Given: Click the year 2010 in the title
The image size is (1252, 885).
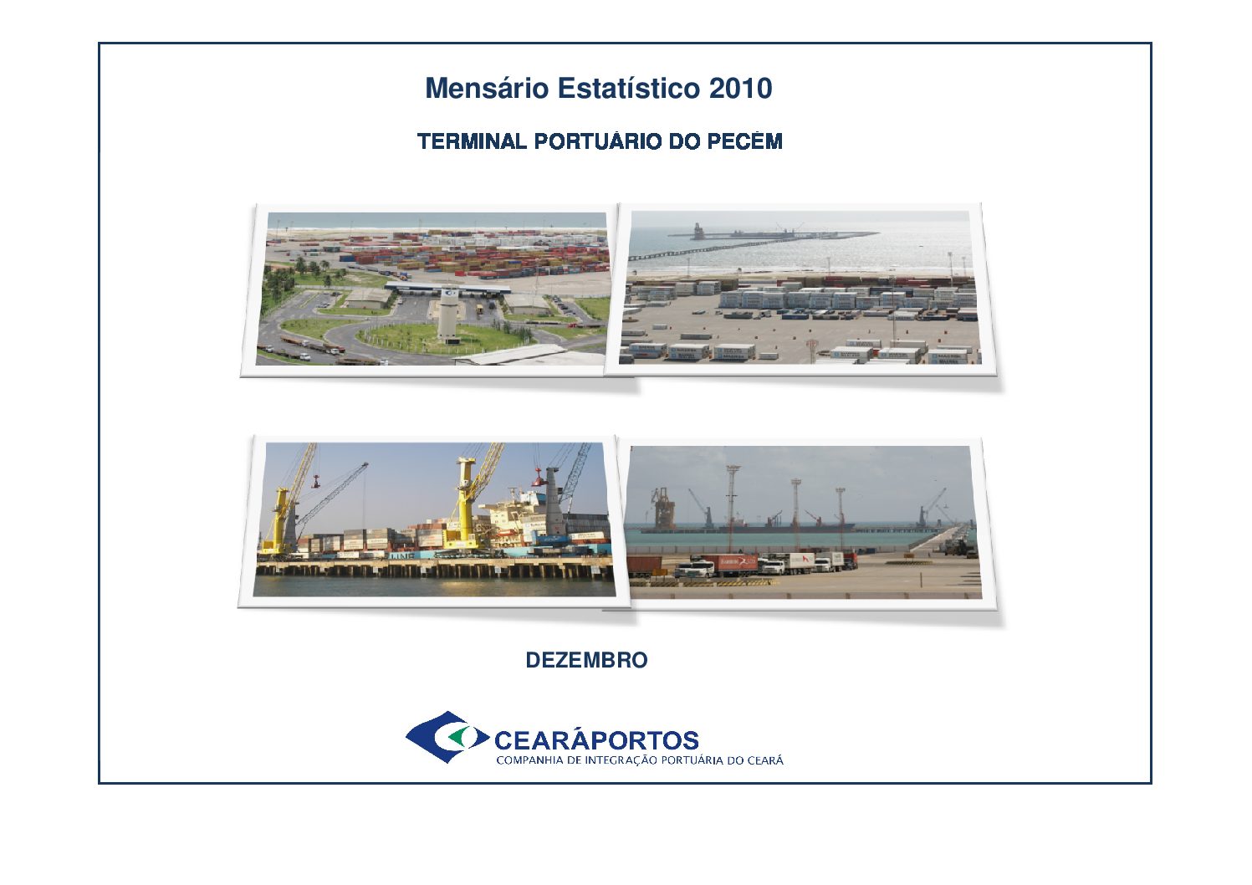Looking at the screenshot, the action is point(741,89).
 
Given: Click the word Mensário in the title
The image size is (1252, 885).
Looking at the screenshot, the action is point(486,89).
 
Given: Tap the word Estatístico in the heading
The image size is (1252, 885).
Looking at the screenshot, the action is point(628,89).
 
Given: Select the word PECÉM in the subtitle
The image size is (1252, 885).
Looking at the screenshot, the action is point(744,141).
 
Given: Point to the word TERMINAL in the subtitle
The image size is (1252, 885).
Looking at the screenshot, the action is point(472,141).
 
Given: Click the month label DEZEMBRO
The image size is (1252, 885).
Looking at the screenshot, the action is point(586,660).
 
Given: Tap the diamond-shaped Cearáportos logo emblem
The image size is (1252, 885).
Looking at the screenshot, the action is point(447,738).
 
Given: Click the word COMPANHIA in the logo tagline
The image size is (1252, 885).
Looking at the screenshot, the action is point(530,760).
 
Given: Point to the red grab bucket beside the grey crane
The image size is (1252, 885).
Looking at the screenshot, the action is point(538,478).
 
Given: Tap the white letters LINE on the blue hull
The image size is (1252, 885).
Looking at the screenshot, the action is point(400,555).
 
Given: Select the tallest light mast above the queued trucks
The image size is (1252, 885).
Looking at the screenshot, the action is point(732,509).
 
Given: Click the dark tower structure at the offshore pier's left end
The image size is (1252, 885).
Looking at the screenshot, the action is point(697,231).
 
